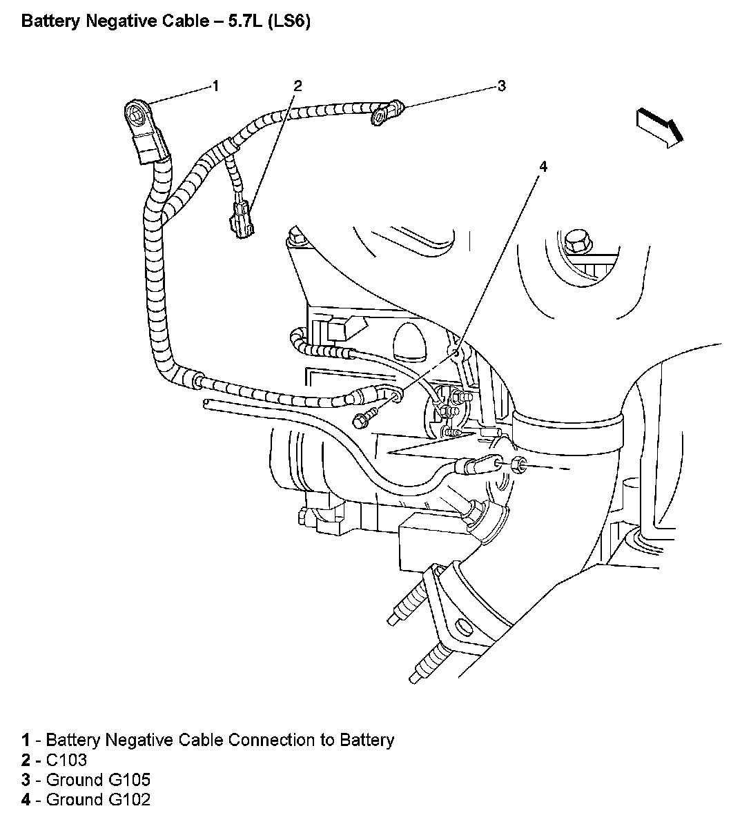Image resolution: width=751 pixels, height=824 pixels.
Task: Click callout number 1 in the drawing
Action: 215,86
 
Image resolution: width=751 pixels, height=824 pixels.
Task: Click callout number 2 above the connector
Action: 298,86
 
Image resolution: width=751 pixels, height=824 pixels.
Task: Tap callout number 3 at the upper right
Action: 502,86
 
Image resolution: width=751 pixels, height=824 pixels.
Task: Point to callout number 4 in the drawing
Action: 543,166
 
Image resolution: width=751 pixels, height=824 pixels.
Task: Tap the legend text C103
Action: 66,761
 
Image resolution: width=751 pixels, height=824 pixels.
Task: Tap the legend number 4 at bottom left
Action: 26,801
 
